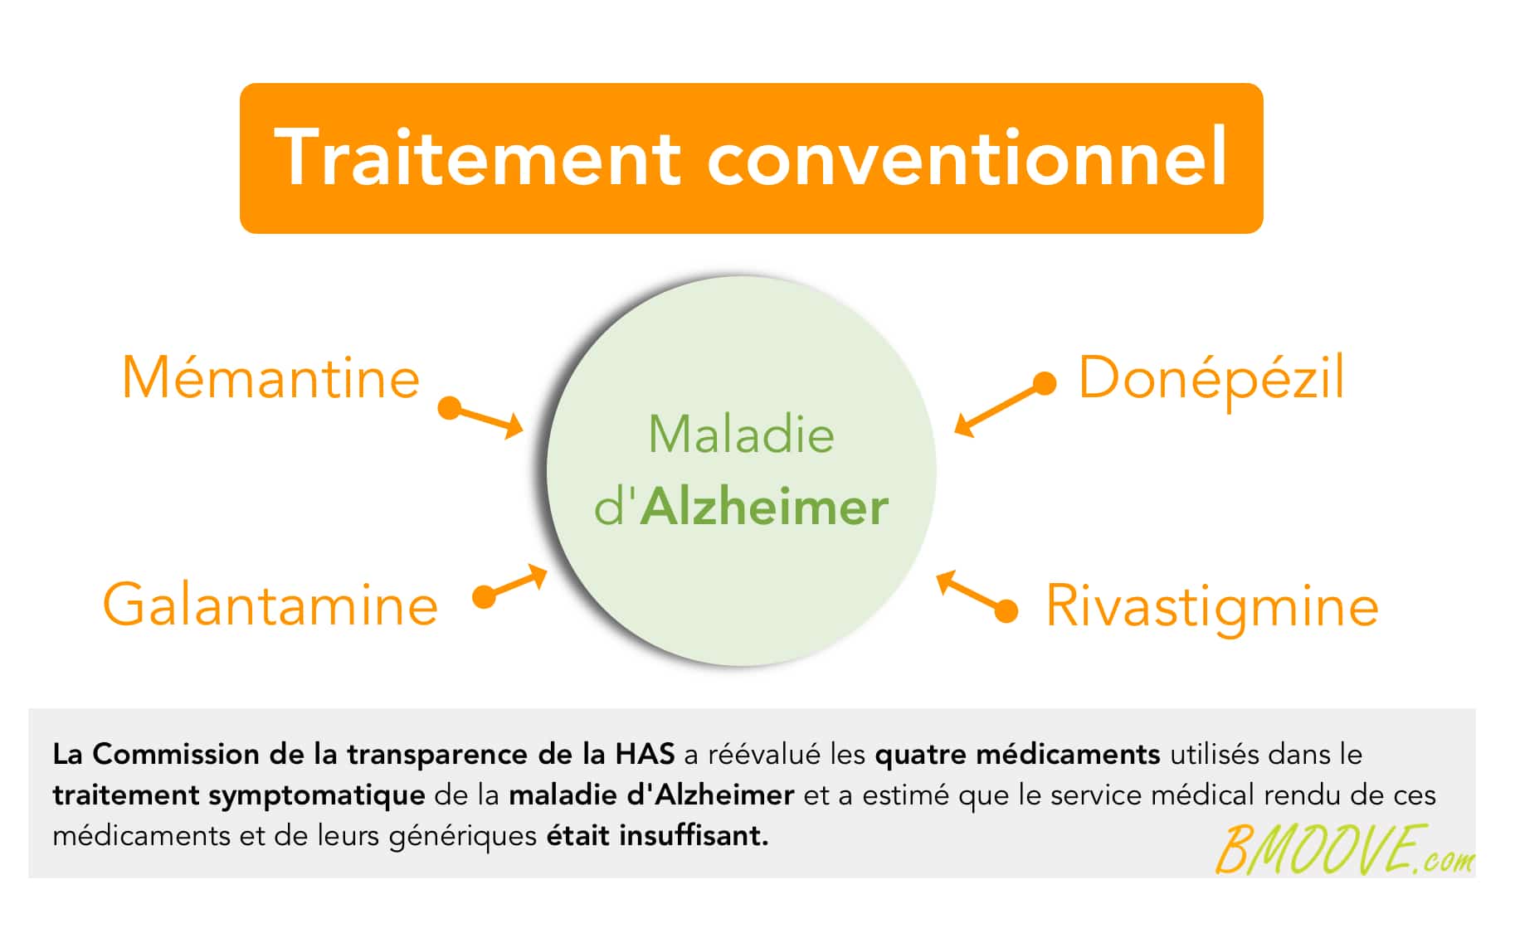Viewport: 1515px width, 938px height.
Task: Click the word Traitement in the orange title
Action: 478,157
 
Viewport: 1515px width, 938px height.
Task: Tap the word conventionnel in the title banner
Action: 967,157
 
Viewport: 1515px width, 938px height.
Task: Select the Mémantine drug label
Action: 271,378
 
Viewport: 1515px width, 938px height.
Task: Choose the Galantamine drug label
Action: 270,604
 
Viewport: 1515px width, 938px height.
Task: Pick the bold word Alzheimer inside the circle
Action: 764,507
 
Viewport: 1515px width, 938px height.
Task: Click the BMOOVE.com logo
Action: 1345,849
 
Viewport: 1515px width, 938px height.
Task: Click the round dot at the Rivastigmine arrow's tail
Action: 1006,611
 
